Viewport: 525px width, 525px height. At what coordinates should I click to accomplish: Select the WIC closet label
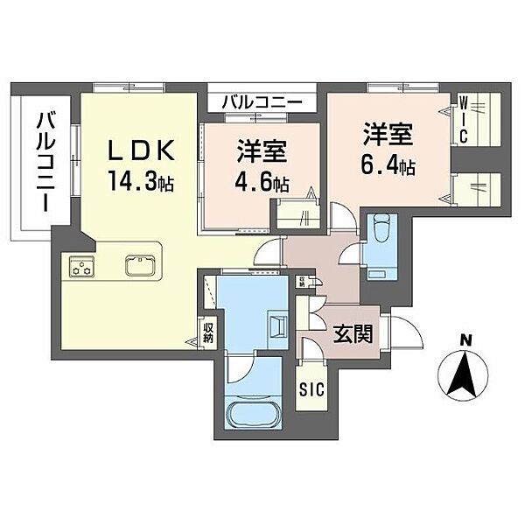(x=465, y=122)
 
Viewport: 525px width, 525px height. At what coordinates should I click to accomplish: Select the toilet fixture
(x=380, y=233)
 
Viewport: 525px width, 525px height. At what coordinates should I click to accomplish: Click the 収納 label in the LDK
(x=208, y=332)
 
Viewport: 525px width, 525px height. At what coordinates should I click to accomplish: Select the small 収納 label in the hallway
(x=301, y=280)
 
